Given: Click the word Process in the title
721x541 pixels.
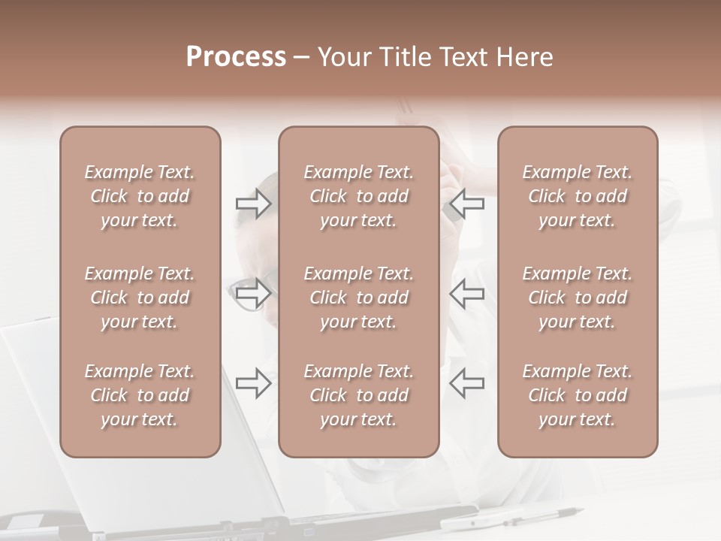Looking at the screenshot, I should pyautogui.click(x=236, y=57).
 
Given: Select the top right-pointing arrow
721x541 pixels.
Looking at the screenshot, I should pyautogui.click(x=253, y=204).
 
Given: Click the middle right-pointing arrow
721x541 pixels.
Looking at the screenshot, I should pyautogui.click(x=253, y=293).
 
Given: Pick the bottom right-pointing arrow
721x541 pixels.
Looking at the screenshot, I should pyautogui.click(x=253, y=383).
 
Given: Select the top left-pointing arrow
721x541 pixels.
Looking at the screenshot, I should pyautogui.click(x=467, y=204).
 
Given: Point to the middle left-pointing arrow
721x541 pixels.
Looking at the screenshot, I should pyautogui.click(x=467, y=293).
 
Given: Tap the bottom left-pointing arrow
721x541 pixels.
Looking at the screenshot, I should pyautogui.click(x=467, y=383).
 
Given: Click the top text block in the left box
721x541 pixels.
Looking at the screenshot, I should pyautogui.click(x=140, y=196).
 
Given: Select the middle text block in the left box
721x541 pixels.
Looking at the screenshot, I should pyautogui.click(x=140, y=298).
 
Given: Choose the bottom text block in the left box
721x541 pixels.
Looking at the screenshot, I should pyautogui.click(x=140, y=395).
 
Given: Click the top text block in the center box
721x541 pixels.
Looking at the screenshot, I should pyautogui.click(x=359, y=196).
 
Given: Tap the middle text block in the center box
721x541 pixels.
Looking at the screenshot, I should pyautogui.click(x=359, y=298).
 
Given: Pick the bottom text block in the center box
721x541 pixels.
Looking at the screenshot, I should pyautogui.click(x=359, y=395).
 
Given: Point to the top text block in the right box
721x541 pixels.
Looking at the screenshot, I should pyautogui.click(x=578, y=196).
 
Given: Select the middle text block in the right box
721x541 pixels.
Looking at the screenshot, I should pyautogui.click(x=578, y=298).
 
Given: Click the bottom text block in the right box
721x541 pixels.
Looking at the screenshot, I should pyautogui.click(x=578, y=395).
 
